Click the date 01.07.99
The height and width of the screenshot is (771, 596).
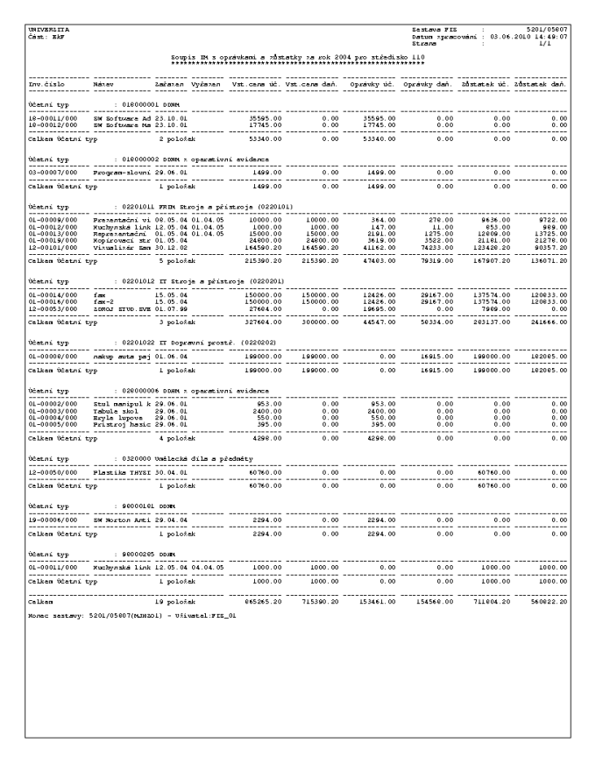click(x=170, y=308)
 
